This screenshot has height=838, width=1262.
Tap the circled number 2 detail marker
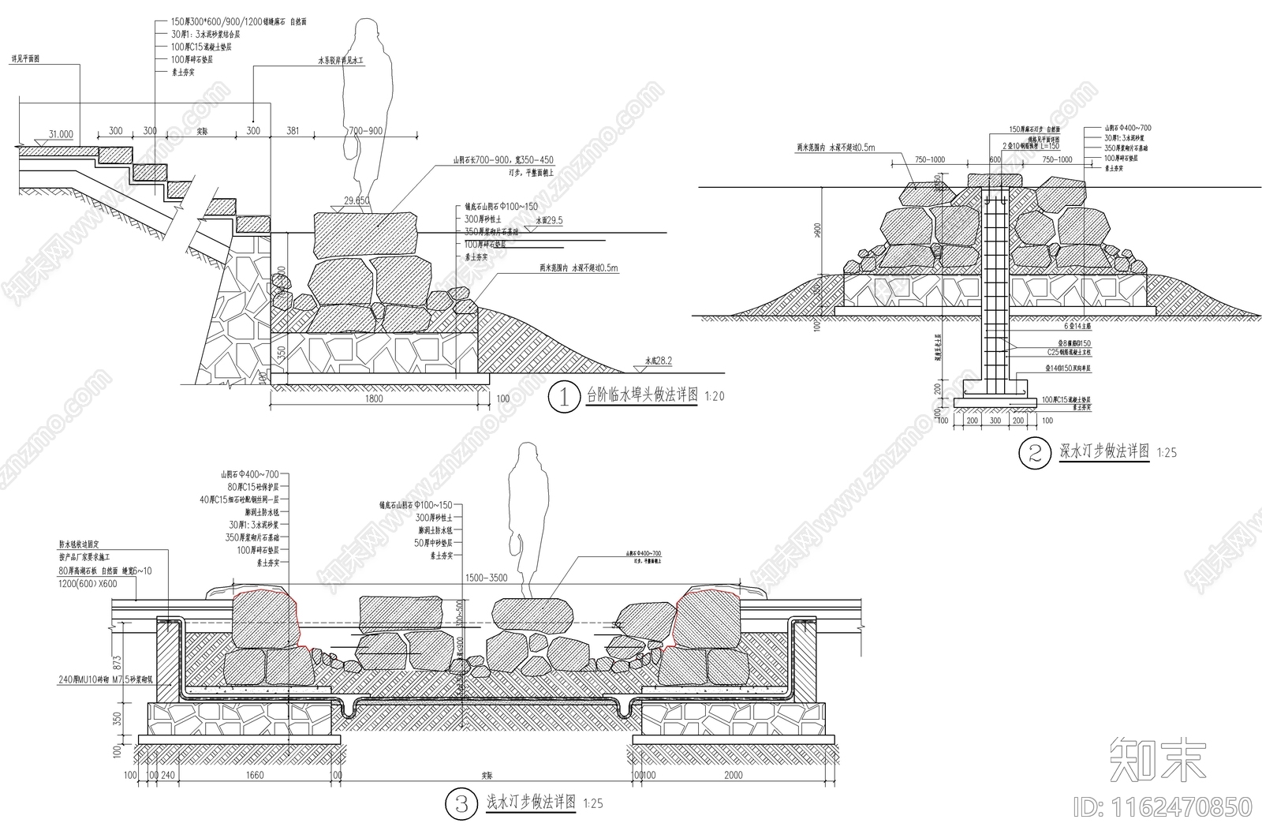point(1034,453)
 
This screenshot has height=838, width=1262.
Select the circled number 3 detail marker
point(461,803)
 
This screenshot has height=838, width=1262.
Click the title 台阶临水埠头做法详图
point(642,395)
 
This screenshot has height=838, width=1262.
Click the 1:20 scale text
point(713,396)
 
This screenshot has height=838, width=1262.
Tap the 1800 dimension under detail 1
point(374,398)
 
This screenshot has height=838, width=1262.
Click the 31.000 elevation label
point(61,134)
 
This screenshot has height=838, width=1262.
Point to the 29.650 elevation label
point(357,200)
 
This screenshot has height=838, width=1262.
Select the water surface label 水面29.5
point(549,221)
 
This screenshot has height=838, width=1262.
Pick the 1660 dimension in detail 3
point(255,775)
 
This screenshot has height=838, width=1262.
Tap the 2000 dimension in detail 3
point(733,775)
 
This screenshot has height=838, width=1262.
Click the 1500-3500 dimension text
point(487,578)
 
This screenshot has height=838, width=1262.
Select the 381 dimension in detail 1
point(293,131)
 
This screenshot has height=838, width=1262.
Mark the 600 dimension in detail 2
point(995,159)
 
